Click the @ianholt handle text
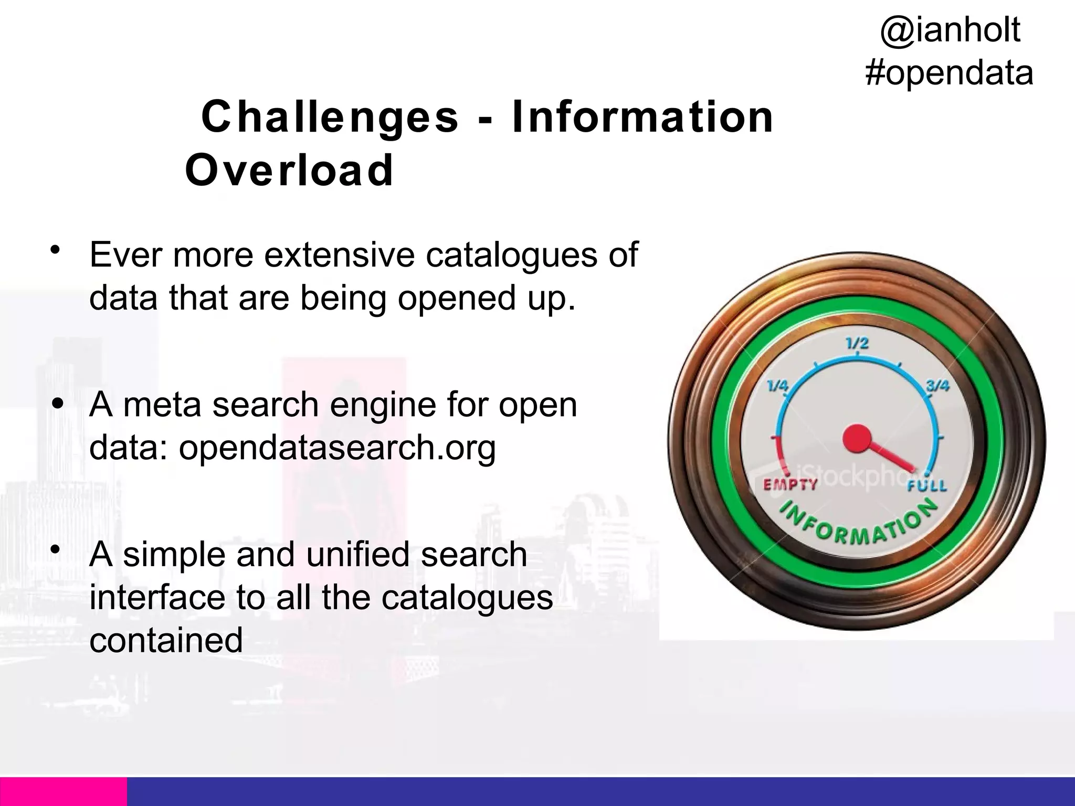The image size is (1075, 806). pyautogui.click(x=950, y=30)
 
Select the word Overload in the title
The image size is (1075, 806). pyautogui.click(x=289, y=170)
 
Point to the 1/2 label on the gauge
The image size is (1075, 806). pyautogui.click(x=857, y=344)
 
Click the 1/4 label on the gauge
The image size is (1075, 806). pyautogui.click(x=777, y=386)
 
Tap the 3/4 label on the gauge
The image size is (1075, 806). pyautogui.click(x=937, y=386)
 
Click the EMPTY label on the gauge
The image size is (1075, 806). pyautogui.click(x=790, y=484)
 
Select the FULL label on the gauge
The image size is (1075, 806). pyautogui.click(x=927, y=486)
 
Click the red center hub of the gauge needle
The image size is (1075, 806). pyautogui.click(x=857, y=438)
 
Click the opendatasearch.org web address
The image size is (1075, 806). pyautogui.click(x=337, y=448)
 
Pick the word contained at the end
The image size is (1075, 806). pyautogui.click(x=166, y=640)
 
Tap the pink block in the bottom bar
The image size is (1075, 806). pyautogui.click(x=63, y=791)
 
